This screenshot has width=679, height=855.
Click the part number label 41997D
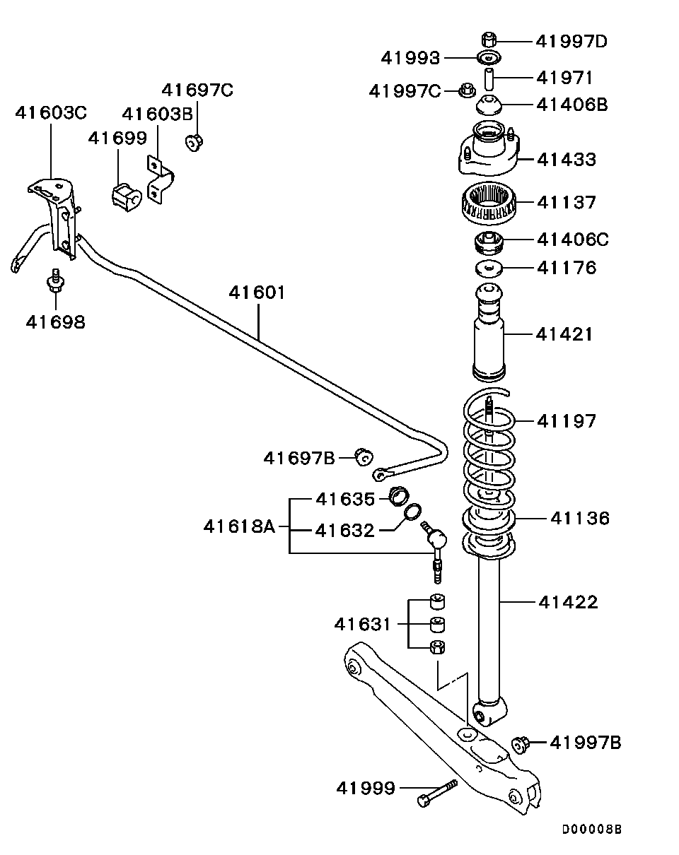point(571,41)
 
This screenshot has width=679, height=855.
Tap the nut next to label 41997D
point(489,40)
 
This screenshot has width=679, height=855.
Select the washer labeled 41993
point(489,58)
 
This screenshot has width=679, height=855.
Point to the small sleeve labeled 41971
point(489,79)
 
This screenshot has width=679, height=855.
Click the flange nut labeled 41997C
point(467,90)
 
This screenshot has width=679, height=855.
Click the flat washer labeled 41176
point(489,269)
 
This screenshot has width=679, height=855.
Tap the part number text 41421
point(564,334)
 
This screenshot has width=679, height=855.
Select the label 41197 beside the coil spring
point(567,421)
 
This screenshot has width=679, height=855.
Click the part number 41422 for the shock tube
point(568,602)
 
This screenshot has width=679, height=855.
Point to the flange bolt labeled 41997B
point(521,744)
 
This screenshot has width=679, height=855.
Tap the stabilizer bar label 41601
point(257,293)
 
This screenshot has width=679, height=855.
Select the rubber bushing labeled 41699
point(127,197)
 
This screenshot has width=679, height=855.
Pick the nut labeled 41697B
point(363,457)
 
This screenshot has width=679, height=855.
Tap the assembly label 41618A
point(239,527)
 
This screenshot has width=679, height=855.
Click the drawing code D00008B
point(591,830)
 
